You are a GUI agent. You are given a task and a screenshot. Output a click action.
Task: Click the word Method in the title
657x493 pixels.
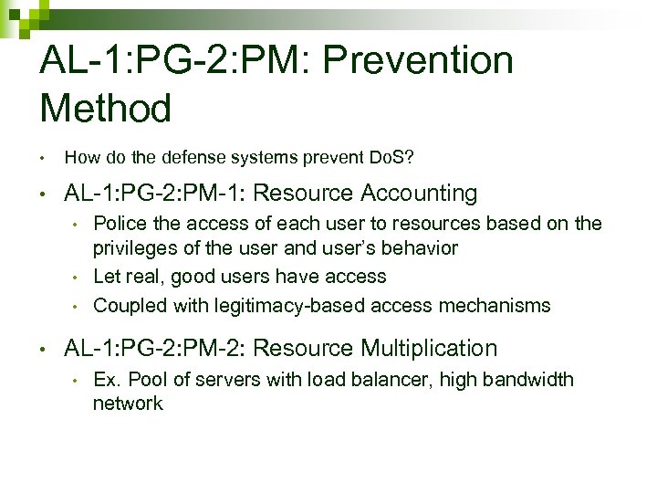tap(106, 110)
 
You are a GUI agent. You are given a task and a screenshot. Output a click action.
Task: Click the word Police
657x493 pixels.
tap(116, 224)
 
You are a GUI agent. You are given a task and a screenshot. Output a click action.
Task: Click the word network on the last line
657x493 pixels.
tap(128, 404)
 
